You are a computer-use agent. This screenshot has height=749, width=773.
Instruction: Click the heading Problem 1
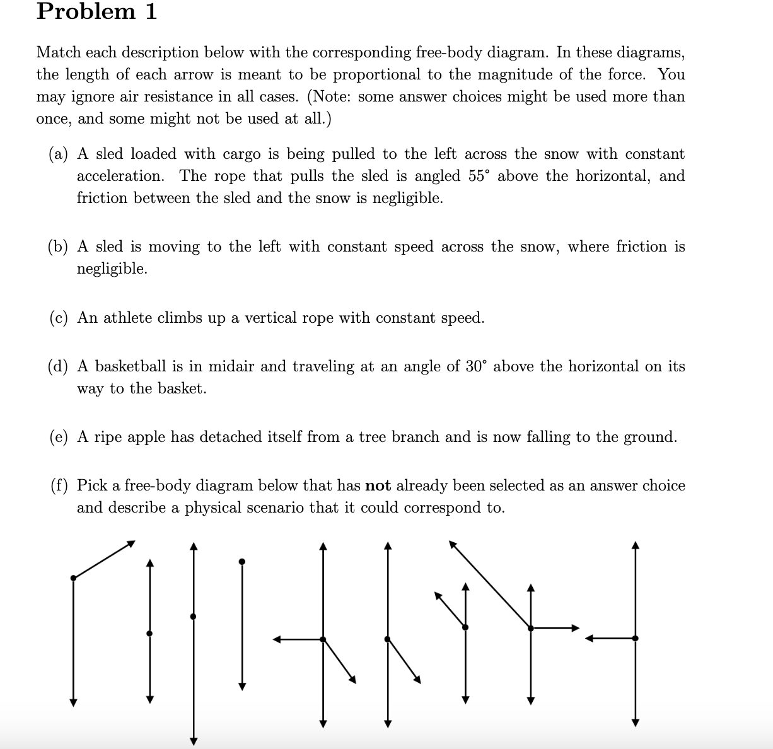coord(96,12)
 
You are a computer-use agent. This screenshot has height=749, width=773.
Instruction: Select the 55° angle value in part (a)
coord(479,176)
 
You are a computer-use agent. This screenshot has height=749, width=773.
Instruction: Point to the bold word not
coord(378,485)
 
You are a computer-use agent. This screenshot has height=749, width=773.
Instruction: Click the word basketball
coord(131,366)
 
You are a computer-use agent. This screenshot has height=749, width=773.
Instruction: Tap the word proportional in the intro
coord(376,74)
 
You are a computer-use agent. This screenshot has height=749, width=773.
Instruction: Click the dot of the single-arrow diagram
coord(241,561)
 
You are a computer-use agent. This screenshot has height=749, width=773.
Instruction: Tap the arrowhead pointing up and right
coord(132,542)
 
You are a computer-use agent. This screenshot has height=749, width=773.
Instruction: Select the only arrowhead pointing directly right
coord(575,628)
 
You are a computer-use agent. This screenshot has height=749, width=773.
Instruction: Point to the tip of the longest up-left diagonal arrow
coord(451,542)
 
